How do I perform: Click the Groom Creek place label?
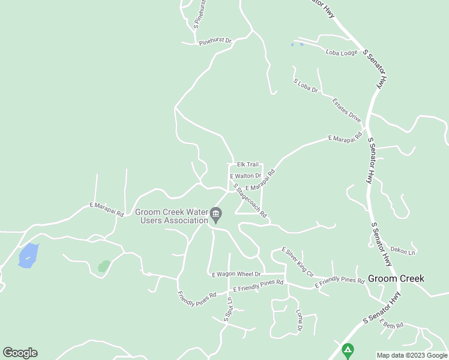coord(396,278)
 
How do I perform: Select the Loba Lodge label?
coord(342,53)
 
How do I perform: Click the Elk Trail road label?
coord(247,164)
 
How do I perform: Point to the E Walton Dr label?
coord(246,176)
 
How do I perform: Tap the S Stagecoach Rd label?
coord(250,201)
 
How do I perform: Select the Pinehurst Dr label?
coord(215,40)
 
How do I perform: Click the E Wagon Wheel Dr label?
coord(236,274)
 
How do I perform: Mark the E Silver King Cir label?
coord(297,261)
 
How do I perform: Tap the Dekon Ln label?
coord(403,251)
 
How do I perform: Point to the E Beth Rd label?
coord(391,325)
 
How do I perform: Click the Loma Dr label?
coord(299,320)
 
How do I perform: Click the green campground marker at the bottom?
coord(347,349)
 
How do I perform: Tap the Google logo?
coord(20,353)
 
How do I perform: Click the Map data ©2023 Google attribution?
coord(412,355)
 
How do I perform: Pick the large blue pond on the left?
coord(28,256)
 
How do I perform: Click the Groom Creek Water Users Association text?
coord(171,216)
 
